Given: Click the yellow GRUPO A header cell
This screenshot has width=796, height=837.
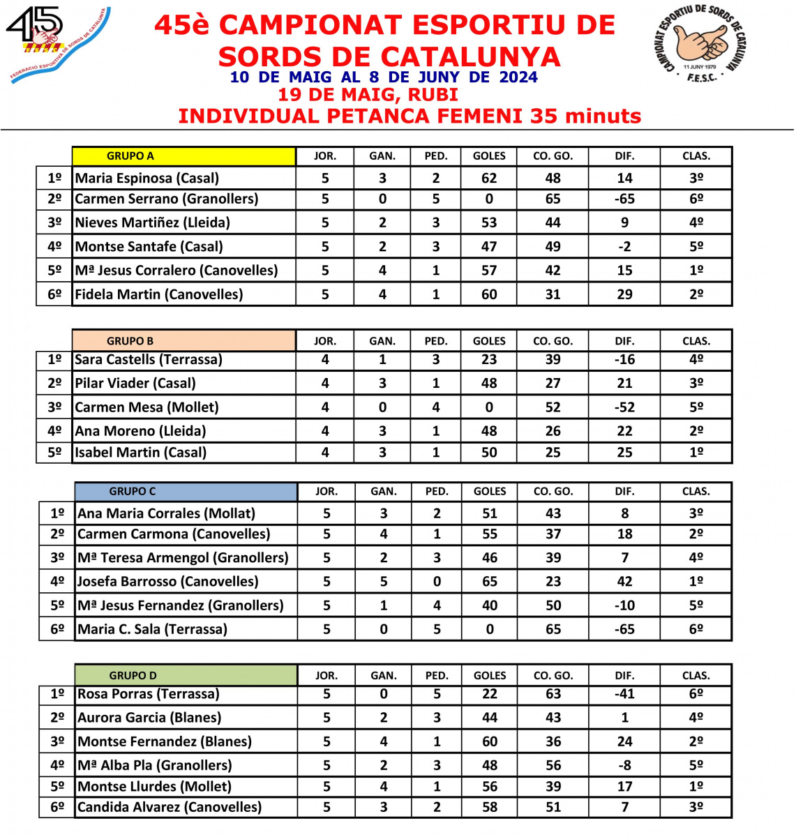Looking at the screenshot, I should pos(183,156).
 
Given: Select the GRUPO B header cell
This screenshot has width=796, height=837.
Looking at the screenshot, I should pos(183,341).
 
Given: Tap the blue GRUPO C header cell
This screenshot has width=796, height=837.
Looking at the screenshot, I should pos(186,491).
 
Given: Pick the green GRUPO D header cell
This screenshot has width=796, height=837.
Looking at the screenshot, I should pos(186,675).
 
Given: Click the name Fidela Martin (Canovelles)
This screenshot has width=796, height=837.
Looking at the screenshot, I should pos(159,294).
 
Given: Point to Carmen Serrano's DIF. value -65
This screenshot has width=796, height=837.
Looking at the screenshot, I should pos(624,199).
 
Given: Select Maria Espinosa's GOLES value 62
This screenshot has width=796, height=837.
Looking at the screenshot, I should pos(489,178).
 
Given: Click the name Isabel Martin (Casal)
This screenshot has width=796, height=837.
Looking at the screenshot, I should pos(141,452).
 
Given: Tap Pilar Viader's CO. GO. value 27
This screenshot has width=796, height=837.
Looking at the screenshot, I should pos(553,383).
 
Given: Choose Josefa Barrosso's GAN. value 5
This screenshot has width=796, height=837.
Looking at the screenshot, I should pos(384,581).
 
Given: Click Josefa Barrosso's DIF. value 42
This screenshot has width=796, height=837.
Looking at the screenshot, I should pos(624,581).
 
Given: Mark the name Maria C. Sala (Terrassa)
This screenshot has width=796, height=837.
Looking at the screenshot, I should pos(153,629).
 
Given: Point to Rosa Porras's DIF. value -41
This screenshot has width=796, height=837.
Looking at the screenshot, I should pos(624,694).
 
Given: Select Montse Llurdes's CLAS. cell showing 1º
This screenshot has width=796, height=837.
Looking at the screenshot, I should pos(696,786).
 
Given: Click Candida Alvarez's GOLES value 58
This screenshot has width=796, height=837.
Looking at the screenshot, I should pos(490,807).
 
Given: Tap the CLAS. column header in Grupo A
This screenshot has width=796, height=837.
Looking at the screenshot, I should pos(696,156).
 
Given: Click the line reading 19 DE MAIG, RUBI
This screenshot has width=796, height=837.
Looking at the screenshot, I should pos(368,95).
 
